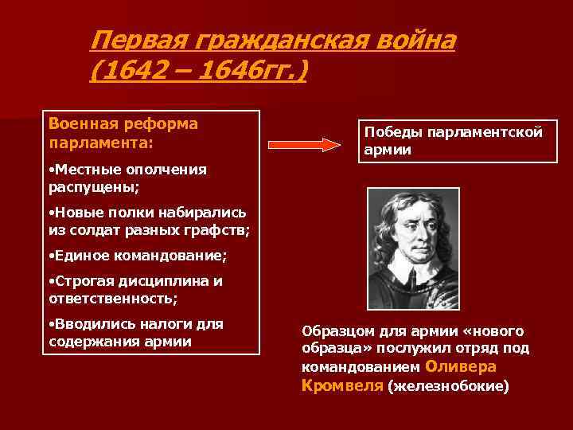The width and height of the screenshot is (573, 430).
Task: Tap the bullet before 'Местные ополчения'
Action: pos(51,170)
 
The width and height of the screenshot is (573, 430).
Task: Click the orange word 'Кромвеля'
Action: pos(342,385)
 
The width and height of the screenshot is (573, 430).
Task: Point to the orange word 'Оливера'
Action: pos(461,367)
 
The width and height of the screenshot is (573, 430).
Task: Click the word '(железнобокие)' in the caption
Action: pos(447,386)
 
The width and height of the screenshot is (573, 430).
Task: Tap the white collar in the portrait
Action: pos(411,275)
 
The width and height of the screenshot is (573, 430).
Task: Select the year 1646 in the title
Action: pos(226,72)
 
